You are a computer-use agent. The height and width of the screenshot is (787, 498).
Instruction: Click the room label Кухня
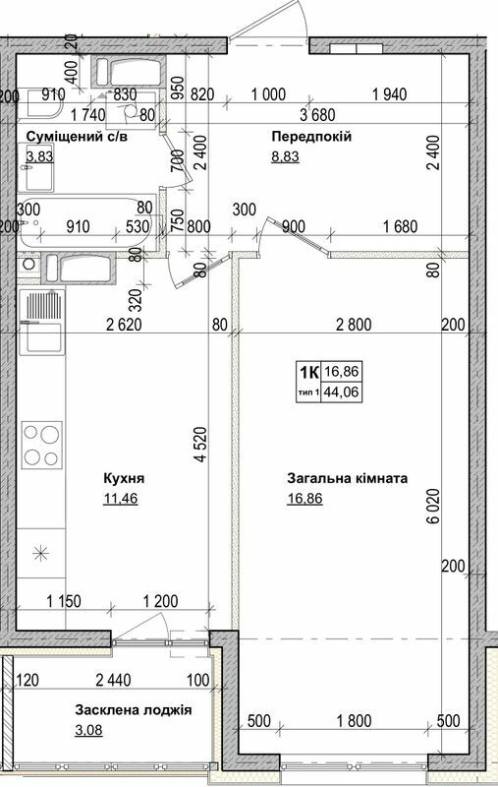pos(124,478)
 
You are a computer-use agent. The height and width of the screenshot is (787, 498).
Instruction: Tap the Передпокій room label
pos(311,137)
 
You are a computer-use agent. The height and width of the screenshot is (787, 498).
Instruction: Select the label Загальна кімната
pos(347,478)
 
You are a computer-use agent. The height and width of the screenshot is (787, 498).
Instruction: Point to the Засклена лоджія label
pos(134,710)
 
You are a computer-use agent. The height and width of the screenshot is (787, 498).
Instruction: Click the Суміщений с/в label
pos(77,137)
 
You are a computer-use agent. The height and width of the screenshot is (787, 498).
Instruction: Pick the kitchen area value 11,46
pos(120,499)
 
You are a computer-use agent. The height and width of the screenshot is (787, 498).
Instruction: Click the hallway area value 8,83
pos(285,156)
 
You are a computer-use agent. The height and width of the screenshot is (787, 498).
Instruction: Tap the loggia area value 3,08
pos(88,730)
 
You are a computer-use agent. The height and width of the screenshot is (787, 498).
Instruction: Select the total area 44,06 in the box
pos(342,391)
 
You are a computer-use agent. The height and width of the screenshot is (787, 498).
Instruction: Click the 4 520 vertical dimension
pos(200,445)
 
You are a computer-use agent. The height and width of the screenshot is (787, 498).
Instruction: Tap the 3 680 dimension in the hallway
pos(317,115)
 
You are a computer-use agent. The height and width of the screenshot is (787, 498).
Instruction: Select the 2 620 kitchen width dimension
pos(124,325)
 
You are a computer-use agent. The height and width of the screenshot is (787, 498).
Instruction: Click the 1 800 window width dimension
pos(354,721)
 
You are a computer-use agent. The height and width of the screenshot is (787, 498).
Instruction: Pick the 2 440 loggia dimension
pos(113,680)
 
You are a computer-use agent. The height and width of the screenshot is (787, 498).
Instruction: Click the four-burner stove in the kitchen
pos(42,446)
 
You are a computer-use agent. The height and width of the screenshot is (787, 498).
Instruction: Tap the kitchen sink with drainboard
pos(42,323)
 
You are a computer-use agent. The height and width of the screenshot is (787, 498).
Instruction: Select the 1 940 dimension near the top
pos(390,93)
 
